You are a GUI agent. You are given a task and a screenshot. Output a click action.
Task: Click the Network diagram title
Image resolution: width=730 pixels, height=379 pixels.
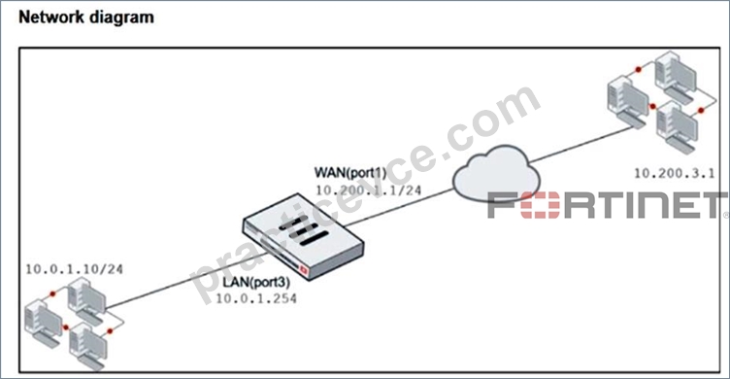tap(86, 17)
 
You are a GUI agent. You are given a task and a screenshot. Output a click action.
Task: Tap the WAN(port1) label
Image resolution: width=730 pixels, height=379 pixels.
tap(350, 173)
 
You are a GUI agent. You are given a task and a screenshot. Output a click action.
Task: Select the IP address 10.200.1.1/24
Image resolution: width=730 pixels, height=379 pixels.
tap(368, 190)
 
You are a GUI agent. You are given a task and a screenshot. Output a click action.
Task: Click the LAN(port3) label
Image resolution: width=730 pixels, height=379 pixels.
tap(256, 282)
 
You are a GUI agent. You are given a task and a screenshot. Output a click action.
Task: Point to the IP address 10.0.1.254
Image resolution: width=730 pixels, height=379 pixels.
tap(256, 298)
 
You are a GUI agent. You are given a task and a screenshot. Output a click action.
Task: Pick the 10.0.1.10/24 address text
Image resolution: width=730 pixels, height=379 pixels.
tap(74, 269)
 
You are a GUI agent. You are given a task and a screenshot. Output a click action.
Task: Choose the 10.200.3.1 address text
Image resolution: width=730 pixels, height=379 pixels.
tap(675, 173)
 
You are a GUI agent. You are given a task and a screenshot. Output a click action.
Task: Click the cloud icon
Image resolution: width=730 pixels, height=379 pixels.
tap(496, 173)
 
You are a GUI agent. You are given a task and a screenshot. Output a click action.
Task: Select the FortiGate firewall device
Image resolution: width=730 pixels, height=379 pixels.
tap(303, 236)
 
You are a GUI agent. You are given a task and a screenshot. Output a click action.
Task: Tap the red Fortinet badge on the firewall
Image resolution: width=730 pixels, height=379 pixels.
tap(304, 270)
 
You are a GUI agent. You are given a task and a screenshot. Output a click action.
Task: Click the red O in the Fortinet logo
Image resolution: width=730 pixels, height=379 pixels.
tap(540, 205)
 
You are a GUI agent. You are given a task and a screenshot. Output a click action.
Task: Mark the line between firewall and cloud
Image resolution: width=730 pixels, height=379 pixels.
tap(399, 207)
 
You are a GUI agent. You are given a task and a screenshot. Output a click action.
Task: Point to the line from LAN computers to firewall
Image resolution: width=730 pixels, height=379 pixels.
tap(186, 281)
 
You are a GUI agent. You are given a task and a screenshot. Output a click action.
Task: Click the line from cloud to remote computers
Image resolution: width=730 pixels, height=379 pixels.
tap(581, 144)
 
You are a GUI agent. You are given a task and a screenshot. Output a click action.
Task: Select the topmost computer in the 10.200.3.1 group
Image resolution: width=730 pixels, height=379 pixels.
tap(676, 78)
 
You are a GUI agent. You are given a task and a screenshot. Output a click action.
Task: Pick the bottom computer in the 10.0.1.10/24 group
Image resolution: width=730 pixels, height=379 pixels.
tap(88, 346)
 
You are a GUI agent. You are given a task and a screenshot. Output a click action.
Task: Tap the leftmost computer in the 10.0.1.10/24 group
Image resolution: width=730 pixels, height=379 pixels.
tap(44, 324)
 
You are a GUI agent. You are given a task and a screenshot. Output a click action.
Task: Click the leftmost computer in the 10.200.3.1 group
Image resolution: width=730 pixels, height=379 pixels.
tap(628, 103)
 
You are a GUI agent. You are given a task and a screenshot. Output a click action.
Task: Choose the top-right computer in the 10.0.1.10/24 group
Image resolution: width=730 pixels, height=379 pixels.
tap(87, 301)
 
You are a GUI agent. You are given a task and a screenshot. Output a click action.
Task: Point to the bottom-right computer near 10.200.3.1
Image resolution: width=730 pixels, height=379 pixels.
tap(678, 127)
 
